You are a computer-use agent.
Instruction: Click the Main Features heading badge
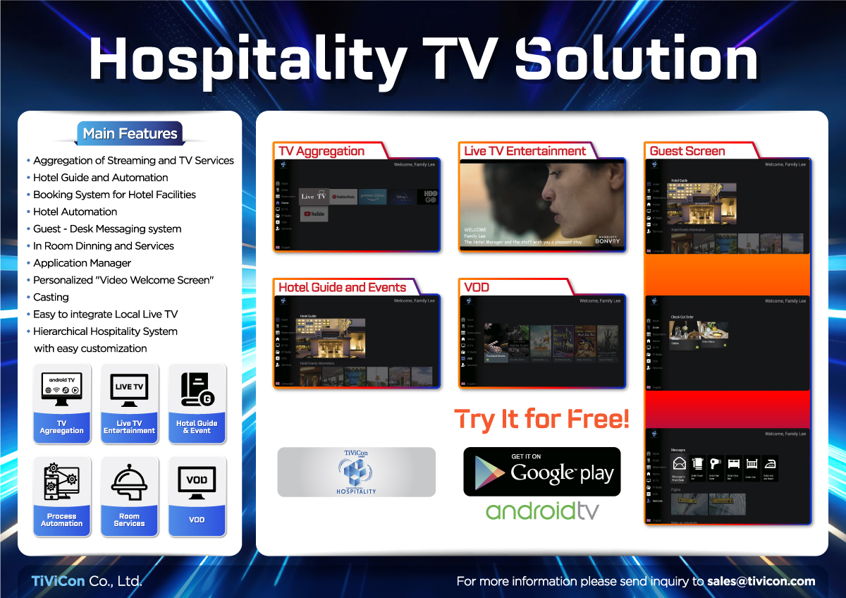pos(130,133)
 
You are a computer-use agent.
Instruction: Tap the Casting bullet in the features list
pos(51,297)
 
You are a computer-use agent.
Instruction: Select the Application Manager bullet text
pos(82,263)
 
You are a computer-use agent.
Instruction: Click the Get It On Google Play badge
pos(541,471)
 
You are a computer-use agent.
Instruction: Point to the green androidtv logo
pos(541,511)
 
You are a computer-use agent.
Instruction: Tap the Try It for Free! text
pos(541,419)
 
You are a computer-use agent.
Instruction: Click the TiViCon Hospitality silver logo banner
pos(356,472)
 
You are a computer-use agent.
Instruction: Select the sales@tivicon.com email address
pos(761,582)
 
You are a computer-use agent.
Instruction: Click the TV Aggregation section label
pos(321,151)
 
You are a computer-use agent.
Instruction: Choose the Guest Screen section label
pos(687,151)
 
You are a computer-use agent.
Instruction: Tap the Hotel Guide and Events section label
pos(342,287)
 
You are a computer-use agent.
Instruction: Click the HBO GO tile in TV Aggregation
pos(428,197)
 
